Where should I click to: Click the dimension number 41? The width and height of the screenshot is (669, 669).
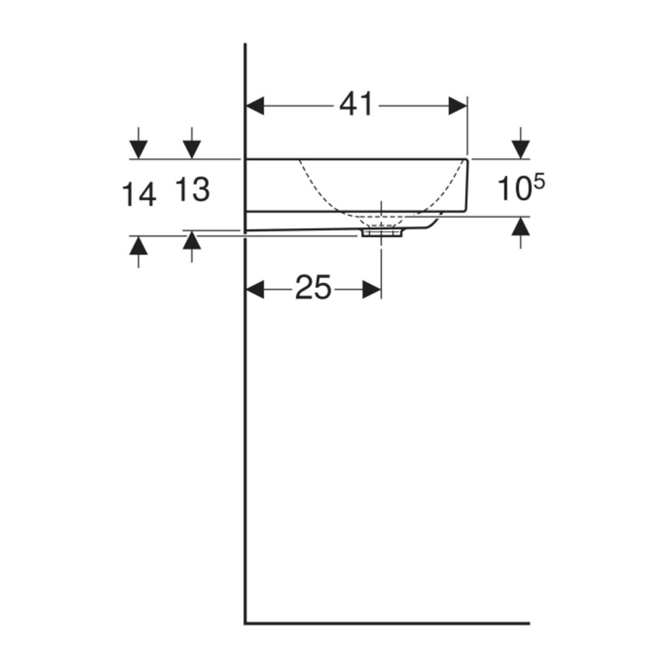[356, 105]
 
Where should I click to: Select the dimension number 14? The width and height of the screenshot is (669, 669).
[139, 195]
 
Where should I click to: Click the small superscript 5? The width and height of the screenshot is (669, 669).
[539, 182]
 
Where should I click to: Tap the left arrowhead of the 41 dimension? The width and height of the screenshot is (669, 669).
[255, 105]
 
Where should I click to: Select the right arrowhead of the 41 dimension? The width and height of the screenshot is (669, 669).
[458, 105]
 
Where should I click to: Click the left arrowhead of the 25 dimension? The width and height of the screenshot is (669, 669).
[255, 289]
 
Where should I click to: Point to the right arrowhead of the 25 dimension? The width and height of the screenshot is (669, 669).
[372, 289]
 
